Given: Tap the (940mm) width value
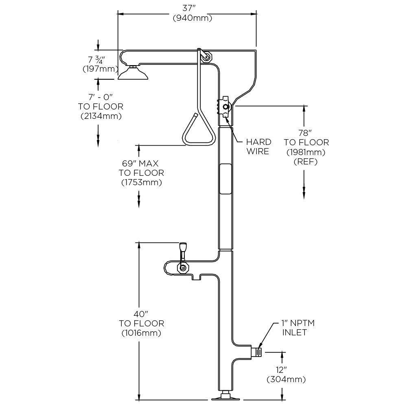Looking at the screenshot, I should [192, 18].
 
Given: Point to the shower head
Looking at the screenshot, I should [133, 73].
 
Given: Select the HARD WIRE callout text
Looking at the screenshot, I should [258, 147].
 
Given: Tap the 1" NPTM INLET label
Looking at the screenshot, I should [298, 328].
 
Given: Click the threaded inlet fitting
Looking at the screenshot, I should [257, 351].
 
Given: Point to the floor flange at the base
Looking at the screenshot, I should [225, 396].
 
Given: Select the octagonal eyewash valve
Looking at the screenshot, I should [183, 267].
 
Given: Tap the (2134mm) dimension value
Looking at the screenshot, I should [101, 116].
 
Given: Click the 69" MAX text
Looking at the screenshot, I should [141, 163].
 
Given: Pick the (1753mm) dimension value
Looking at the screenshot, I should [141, 182].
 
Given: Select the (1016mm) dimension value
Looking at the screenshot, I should [141, 333].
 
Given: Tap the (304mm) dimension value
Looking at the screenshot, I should [286, 380].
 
